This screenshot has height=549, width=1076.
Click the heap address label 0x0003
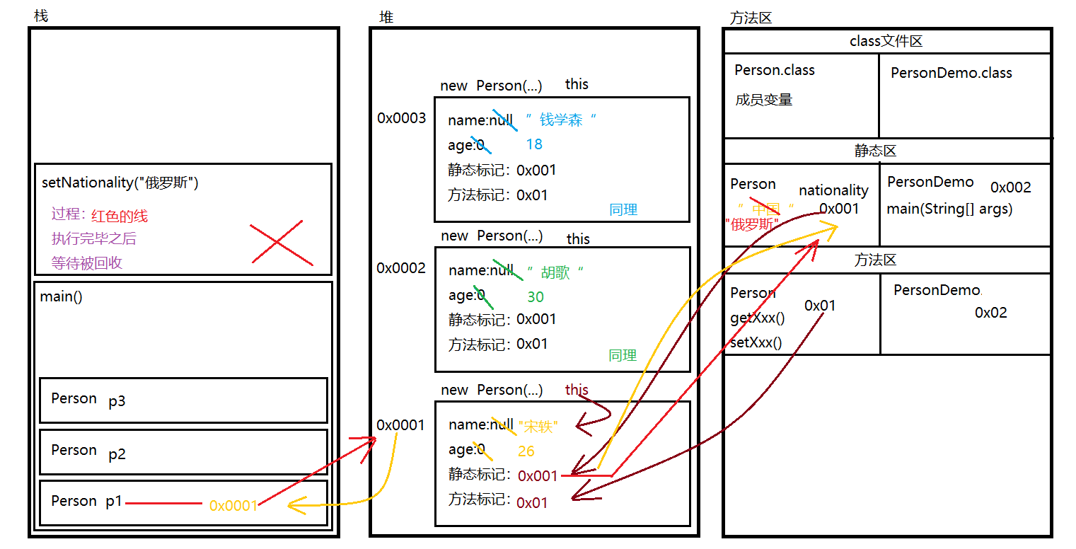401,118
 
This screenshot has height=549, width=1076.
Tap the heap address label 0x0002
401,268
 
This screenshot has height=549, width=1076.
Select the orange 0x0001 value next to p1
233,506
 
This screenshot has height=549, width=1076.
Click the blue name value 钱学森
561,120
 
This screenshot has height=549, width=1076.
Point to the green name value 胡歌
555,272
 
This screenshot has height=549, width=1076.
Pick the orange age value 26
526,451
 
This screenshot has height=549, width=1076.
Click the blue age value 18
534,145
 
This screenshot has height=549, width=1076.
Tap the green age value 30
536,297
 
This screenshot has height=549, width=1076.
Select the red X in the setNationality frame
282,243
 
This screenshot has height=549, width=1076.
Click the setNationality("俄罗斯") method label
120,183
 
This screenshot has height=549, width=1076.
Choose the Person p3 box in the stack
183,400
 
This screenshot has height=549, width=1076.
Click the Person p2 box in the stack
183,452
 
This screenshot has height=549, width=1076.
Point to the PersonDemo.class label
951,74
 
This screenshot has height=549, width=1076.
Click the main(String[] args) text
949,209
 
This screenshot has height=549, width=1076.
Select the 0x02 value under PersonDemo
990,313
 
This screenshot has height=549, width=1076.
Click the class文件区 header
886,42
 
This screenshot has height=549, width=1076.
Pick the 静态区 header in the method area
875,151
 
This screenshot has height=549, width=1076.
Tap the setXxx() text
756,343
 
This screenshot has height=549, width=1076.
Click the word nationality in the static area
833,190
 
